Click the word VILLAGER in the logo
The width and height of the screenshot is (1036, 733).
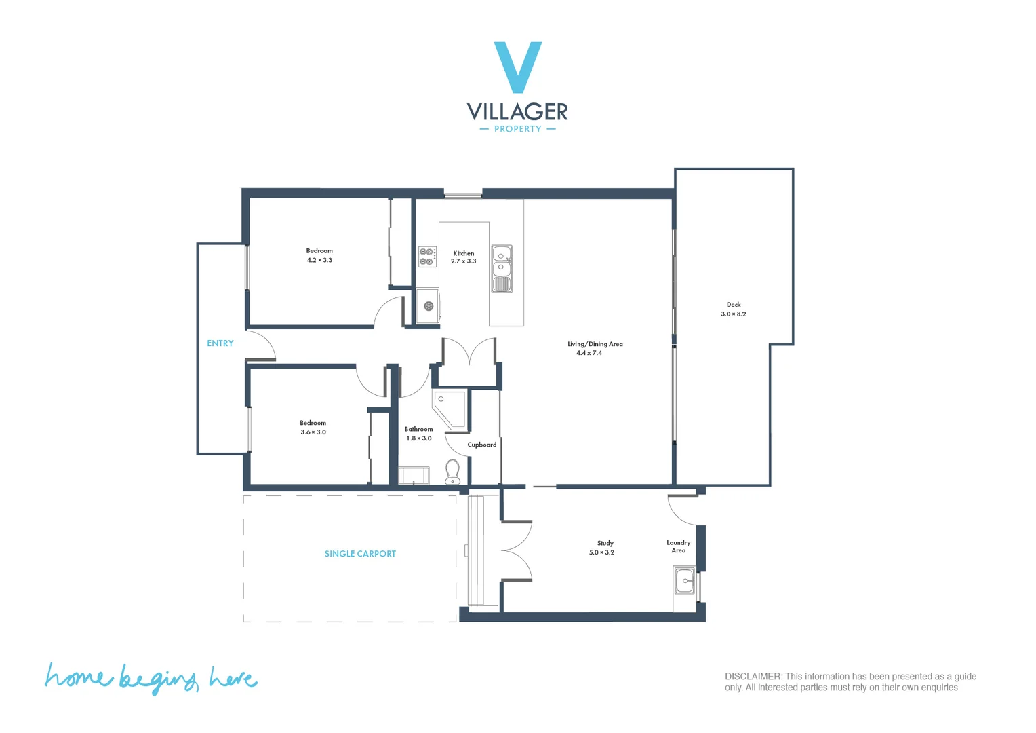tap(517, 112)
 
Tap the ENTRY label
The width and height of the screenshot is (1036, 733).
tap(220, 343)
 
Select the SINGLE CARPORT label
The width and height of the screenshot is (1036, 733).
tap(360, 554)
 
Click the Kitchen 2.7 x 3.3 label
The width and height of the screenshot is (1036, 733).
tap(464, 257)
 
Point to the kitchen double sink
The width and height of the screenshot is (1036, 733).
tap(501, 268)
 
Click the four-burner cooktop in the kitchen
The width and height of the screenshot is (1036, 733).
tap(426, 257)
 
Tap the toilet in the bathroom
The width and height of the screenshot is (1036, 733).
tap(452, 470)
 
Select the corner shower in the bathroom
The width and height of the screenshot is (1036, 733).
tap(450, 408)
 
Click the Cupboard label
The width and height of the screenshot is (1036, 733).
tap(481, 445)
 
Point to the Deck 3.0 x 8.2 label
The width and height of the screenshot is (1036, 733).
tap(734, 309)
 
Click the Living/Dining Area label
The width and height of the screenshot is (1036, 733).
tap(595, 348)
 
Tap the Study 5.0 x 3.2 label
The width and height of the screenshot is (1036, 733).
tap(602, 548)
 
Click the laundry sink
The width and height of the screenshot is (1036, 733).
tap(684, 581)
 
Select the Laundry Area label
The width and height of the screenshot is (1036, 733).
tap(678, 546)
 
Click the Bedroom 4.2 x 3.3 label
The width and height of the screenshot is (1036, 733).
tap(319, 255)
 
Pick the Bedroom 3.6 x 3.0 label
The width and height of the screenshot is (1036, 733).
tap(313, 428)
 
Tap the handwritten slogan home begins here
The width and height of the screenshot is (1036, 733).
tap(151, 678)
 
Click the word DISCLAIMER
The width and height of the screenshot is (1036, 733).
tap(753, 677)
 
